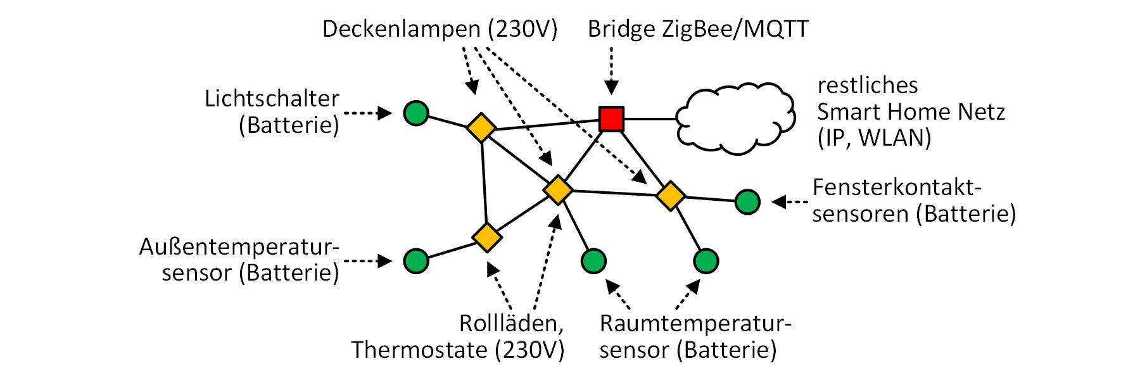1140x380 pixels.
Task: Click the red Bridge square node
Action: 611,118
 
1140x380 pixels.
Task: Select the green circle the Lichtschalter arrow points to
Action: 415,114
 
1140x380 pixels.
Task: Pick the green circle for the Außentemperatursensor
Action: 415,260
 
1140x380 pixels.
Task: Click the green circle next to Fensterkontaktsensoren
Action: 747,202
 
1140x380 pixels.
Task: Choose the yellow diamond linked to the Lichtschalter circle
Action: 481,127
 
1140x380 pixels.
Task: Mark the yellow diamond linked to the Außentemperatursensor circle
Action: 486,237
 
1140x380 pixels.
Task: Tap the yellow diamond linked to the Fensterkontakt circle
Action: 669,196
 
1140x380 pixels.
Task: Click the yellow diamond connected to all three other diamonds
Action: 558,189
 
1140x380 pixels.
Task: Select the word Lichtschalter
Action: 272,99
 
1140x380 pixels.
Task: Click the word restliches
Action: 868,85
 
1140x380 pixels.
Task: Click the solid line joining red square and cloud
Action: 649,118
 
